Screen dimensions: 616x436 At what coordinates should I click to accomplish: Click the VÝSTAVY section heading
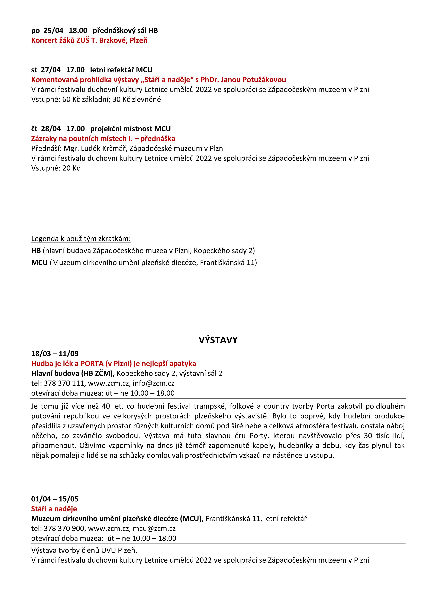(218, 340)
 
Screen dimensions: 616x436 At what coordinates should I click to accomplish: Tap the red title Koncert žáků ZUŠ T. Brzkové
(89, 41)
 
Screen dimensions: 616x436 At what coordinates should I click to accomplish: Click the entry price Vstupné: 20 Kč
(56, 168)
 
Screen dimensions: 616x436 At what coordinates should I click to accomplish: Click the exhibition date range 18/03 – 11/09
(55, 354)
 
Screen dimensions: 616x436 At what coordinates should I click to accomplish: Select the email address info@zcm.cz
(153, 383)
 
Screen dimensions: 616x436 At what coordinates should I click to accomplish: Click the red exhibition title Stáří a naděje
(54, 509)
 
